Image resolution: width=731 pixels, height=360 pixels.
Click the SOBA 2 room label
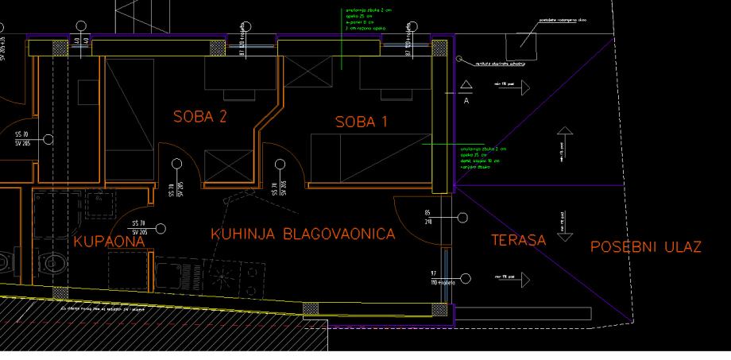tap(200, 117)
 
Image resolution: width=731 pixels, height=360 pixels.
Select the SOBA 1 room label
tap(365, 123)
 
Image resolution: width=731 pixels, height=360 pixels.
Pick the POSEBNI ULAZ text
tap(646, 247)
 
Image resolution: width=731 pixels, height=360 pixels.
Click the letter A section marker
tap(466, 101)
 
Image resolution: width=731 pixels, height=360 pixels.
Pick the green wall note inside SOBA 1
tap(481, 155)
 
